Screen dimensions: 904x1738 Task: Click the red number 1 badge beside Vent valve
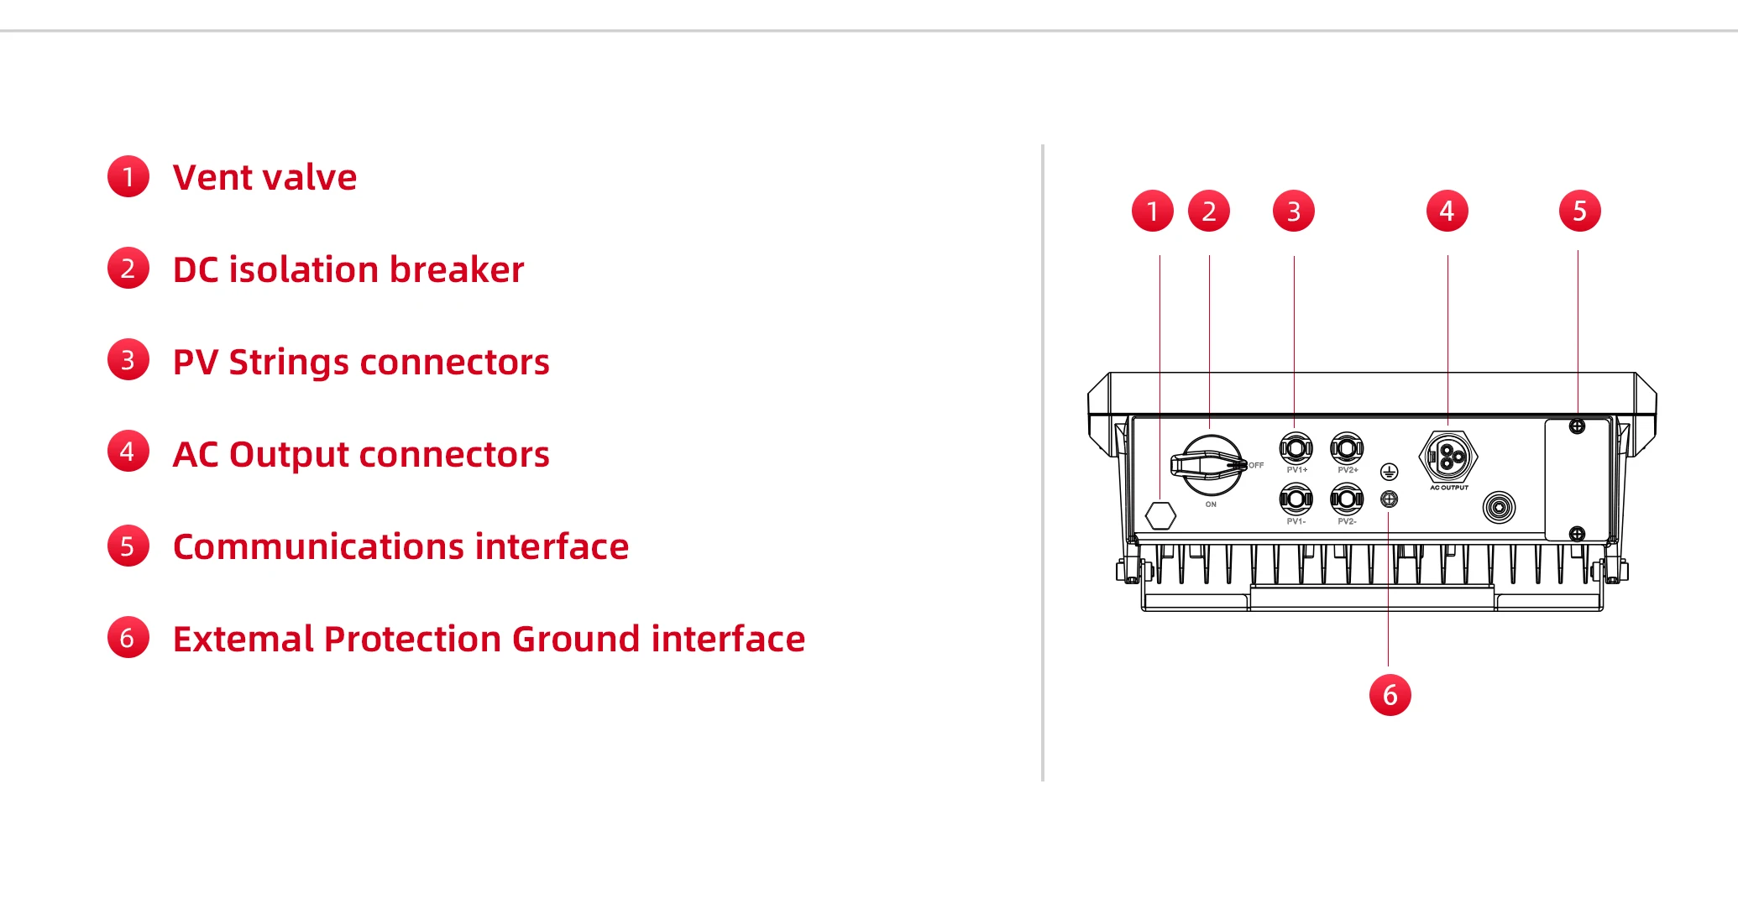(128, 176)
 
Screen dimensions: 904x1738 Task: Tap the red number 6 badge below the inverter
(1390, 695)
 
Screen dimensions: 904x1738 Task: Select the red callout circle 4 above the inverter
(1447, 211)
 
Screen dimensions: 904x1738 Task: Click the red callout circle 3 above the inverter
(1293, 211)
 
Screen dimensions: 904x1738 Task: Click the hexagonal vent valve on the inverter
(1160, 515)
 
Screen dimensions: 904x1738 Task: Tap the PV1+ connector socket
(1296, 448)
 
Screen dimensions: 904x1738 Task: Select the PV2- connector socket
(1347, 499)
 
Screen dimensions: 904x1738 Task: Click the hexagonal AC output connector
(1448, 457)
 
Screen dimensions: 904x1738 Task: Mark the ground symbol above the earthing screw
(1390, 472)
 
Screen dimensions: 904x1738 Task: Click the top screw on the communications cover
(1577, 426)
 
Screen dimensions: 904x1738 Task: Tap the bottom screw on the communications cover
(1577, 534)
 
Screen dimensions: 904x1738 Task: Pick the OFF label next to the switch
(1255, 465)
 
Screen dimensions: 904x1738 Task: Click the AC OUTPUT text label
(1449, 488)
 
